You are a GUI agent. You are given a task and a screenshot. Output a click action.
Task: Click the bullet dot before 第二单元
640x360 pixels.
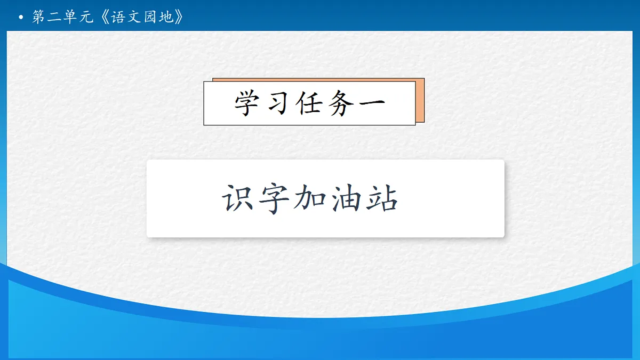(x=21, y=18)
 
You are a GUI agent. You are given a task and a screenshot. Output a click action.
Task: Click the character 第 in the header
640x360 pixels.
(x=39, y=17)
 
